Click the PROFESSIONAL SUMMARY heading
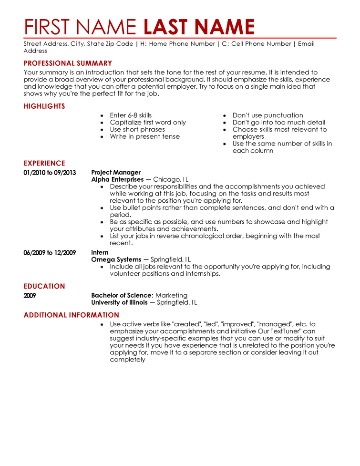(x=68, y=63)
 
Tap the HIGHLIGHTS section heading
(x=44, y=106)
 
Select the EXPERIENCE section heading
(x=44, y=163)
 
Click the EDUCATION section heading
(x=44, y=286)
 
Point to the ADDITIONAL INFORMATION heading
(x=72, y=315)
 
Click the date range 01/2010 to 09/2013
(x=50, y=173)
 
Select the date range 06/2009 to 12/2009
(x=50, y=253)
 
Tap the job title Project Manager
(x=116, y=173)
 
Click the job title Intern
(x=100, y=253)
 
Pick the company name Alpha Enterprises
(x=117, y=180)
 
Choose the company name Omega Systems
(x=116, y=260)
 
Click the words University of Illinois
(x=119, y=303)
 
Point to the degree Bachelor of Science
(x=122, y=296)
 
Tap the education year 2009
(x=30, y=296)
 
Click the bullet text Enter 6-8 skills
(x=131, y=115)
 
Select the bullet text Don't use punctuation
(x=267, y=115)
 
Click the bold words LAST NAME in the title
(x=199, y=26)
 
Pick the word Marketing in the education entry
(x=172, y=296)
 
